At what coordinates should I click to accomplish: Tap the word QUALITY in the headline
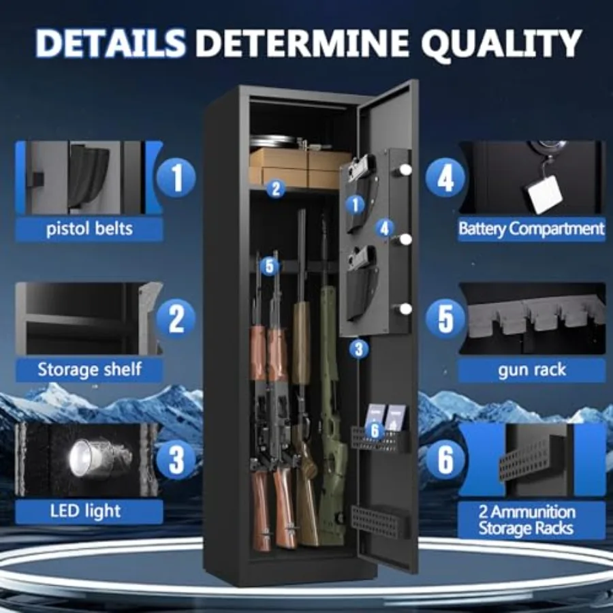point(501,43)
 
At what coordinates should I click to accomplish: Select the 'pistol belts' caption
point(89,229)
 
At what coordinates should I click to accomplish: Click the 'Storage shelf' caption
point(89,369)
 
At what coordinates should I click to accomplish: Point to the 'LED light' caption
point(86,511)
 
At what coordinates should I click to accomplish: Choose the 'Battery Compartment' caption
point(531,229)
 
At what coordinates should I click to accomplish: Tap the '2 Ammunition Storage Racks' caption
point(527,520)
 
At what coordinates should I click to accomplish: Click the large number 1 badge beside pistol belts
point(176,178)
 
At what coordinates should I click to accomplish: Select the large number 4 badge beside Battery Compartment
point(445,178)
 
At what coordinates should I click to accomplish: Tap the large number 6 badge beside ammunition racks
point(445,460)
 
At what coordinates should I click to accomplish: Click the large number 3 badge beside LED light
point(176,460)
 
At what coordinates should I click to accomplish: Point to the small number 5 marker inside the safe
point(269,266)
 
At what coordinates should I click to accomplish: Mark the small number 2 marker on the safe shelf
point(276,189)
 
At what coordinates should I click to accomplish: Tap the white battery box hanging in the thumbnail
point(545,194)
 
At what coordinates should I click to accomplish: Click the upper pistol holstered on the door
point(360,166)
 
